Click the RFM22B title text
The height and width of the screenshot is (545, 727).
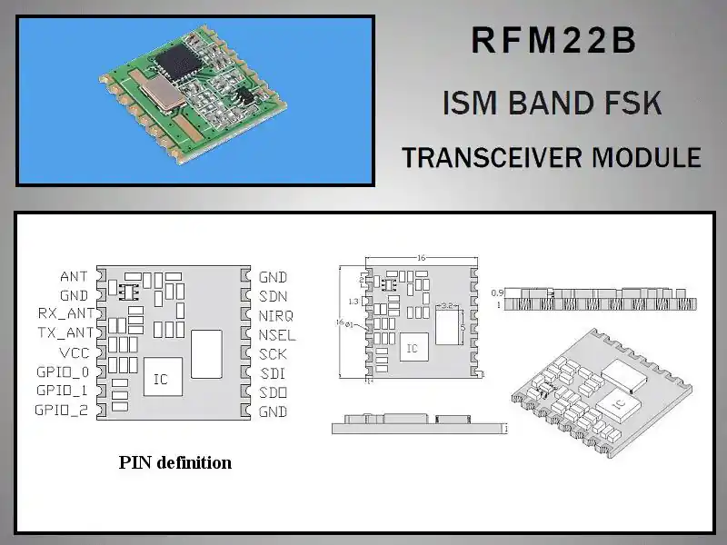(553, 43)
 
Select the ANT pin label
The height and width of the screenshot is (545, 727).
(75, 276)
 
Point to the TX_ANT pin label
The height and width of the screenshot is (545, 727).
(65, 333)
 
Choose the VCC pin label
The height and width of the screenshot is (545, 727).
(75, 352)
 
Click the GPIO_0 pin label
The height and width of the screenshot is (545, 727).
(63, 372)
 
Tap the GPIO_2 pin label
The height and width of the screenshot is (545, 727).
(63, 411)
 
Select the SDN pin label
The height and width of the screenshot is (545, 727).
(273, 296)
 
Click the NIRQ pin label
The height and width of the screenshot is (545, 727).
(275, 315)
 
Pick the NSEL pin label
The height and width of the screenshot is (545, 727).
(276, 334)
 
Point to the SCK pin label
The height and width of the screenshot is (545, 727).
(273, 353)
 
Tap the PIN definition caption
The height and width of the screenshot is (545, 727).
(175, 462)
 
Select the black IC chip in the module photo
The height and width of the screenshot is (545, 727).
(173, 62)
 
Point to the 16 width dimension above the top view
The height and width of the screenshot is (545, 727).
(421, 258)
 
